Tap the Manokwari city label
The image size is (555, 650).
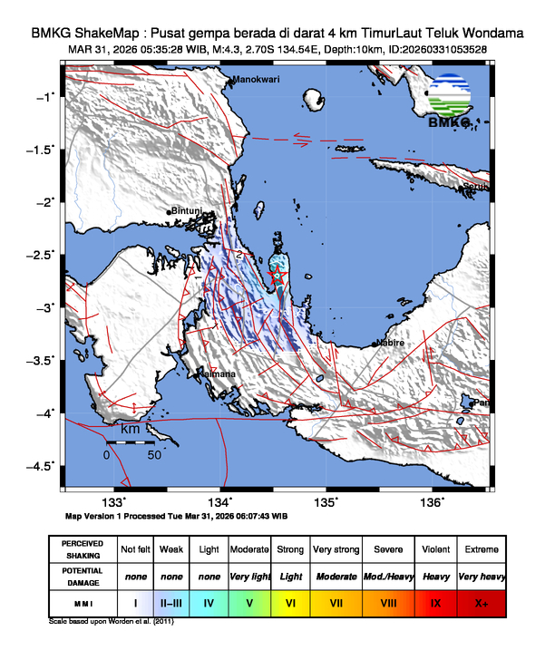coord(257,81)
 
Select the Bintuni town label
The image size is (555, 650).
coord(188,211)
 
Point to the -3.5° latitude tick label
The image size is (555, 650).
coord(42,360)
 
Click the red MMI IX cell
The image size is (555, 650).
coord(436,601)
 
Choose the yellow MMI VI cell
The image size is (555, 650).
coord(290,601)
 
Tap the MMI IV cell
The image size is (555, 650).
coord(209,601)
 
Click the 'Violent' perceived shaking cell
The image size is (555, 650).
coord(436,549)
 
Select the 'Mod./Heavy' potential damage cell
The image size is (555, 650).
coord(388,576)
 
